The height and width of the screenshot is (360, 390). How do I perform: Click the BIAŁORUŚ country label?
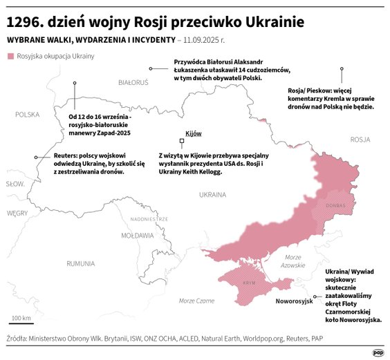(133, 82)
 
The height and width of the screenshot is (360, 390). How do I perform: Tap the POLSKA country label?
(28, 115)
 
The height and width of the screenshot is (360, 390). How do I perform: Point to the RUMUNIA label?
(81, 263)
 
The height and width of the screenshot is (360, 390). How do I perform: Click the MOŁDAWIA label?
(138, 236)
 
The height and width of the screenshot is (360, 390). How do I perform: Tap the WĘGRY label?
(17, 214)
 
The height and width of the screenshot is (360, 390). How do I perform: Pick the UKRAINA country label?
(212, 195)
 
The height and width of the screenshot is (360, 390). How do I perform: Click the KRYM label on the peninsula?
(249, 283)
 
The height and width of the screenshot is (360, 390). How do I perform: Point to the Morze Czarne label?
(196, 301)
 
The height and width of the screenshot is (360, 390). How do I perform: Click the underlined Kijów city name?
(193, 133)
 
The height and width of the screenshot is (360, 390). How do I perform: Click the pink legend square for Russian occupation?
(10, 56)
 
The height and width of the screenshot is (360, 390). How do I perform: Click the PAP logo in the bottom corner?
(378, 352)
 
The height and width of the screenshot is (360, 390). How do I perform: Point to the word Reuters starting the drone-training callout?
(66, 155)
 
